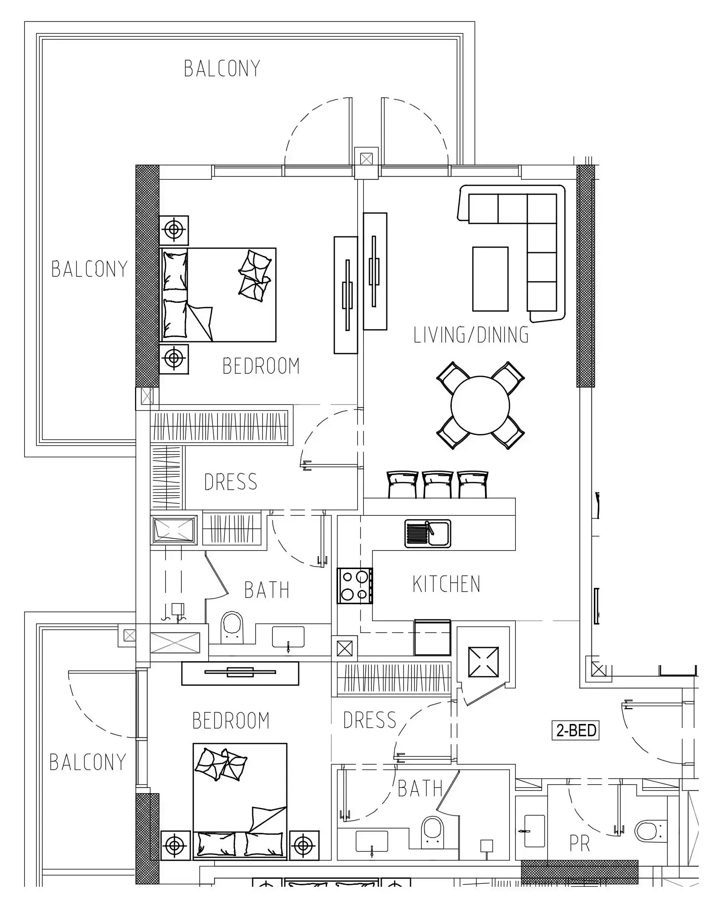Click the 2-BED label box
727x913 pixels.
click(x=576, y=730)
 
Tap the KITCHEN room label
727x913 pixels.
click(x=446, y=584)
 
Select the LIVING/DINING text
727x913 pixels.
click(x=471, y=335)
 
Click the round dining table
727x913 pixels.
click(x=480, y=405)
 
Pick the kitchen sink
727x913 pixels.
click(x=428, y=533)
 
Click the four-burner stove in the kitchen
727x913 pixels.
click(x=355, y=586)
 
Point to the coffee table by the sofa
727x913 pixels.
click(x=490, y=279)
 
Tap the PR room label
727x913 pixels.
click(x=580, y=844)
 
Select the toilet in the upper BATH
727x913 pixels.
click(x=232, y=627)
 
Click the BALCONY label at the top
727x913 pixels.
click(x=222, y=68)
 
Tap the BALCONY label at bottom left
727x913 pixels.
click(x=88, y=762)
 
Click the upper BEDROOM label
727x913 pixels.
click(x=261, y=366)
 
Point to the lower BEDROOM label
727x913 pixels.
click(x=231, y=721)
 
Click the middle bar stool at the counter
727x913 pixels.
click(x=437, y=484)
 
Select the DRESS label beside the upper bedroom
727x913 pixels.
click(x=231, y=481)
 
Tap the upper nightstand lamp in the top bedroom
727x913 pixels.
click(x=174, y=230)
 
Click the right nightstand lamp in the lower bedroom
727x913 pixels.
click(x=304, y=846)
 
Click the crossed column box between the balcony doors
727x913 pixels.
click(x=366, y=159)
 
